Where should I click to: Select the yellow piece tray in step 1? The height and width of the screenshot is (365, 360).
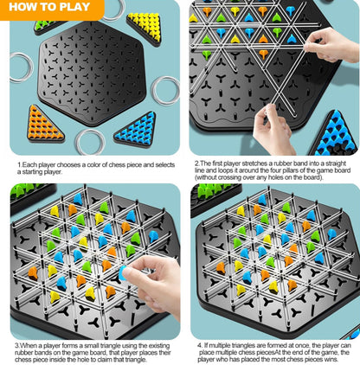144,27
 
